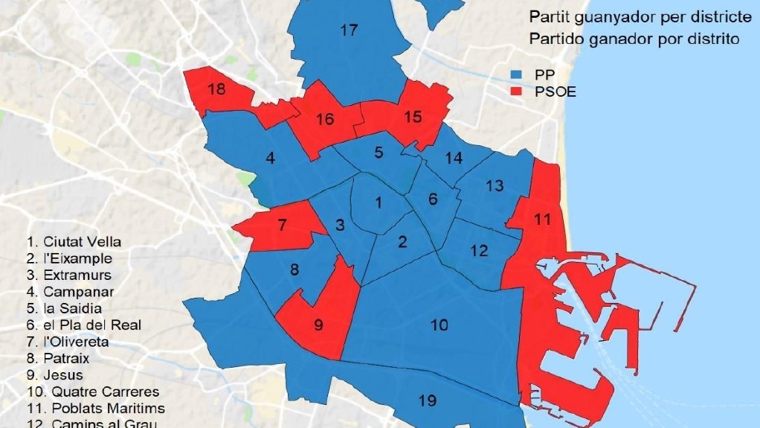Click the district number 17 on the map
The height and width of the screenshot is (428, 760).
[349, 31]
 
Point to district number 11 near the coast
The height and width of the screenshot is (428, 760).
[543, 220]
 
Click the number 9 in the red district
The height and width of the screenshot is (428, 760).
[319, 325]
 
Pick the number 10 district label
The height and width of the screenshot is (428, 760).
[439, 325]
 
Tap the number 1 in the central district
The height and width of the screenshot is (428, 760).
[379, 202]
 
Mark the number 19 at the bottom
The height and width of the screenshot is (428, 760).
[427, 401]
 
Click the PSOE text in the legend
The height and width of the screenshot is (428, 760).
[555, 92]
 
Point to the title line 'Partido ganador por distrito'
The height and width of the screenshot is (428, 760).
[634, 39]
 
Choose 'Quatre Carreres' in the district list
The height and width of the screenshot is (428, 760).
[101, 392]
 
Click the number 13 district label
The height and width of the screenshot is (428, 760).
[495, 185]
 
